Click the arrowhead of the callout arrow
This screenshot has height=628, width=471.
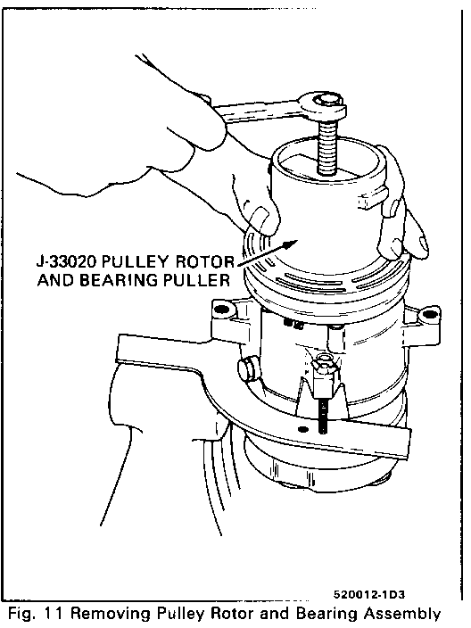point(291,244)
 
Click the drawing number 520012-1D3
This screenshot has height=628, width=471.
point(369,594)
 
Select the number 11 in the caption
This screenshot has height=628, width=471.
point(54,614)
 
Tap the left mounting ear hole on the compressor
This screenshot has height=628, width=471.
point(221,310)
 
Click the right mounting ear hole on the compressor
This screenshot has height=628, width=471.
point(429,313)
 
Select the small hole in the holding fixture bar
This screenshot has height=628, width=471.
point(302,429)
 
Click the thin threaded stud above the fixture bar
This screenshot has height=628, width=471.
point(322,417)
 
